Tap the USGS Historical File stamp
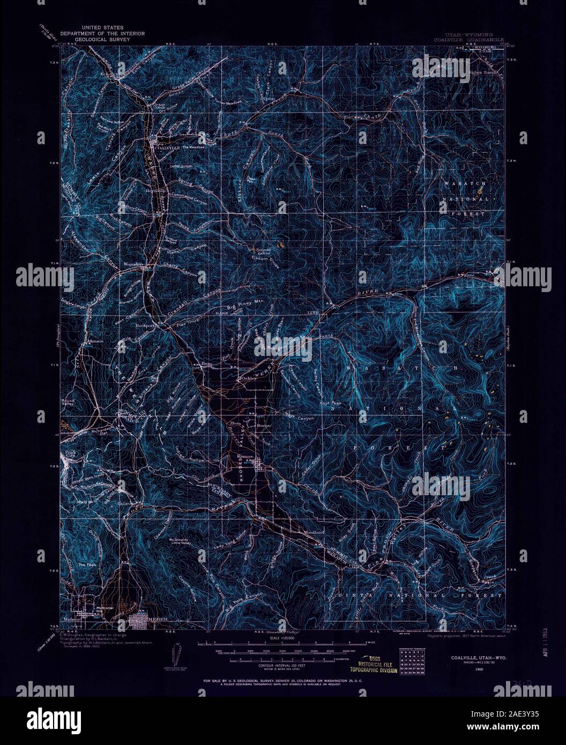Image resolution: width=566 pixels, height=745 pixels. [374, 664]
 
